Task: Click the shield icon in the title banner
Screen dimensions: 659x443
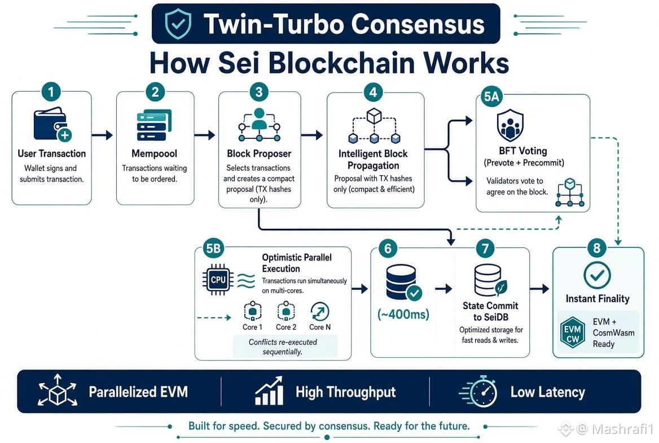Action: tap(178, 24)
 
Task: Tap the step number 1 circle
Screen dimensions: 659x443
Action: tap(51, 92)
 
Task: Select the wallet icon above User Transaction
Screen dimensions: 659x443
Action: tap(52, 124)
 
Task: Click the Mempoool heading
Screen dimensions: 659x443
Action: tap(154, 154)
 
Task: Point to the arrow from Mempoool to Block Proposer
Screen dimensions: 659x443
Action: tap(205, 134)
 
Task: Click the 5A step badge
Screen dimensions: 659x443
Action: tap(492, 97)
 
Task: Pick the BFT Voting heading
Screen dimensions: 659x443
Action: tap(523, 151)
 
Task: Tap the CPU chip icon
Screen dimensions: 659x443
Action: tap(218, 280)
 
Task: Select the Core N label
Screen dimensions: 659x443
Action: tap(320, 327)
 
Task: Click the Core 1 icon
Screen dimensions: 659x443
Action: tap(253, 312)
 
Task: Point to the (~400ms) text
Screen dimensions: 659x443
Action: tap(403, 314)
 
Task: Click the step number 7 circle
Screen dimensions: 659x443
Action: tap(485, 249)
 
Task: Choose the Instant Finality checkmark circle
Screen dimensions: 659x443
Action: tap(597, 275)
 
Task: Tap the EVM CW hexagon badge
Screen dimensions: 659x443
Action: tap(573, 333)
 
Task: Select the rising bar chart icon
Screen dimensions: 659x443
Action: tap(269, 391)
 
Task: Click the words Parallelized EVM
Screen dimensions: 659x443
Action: tap(138, 392)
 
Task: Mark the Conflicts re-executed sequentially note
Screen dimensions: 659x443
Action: tap(283, 346)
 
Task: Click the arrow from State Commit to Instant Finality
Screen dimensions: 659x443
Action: tap(539, 289)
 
